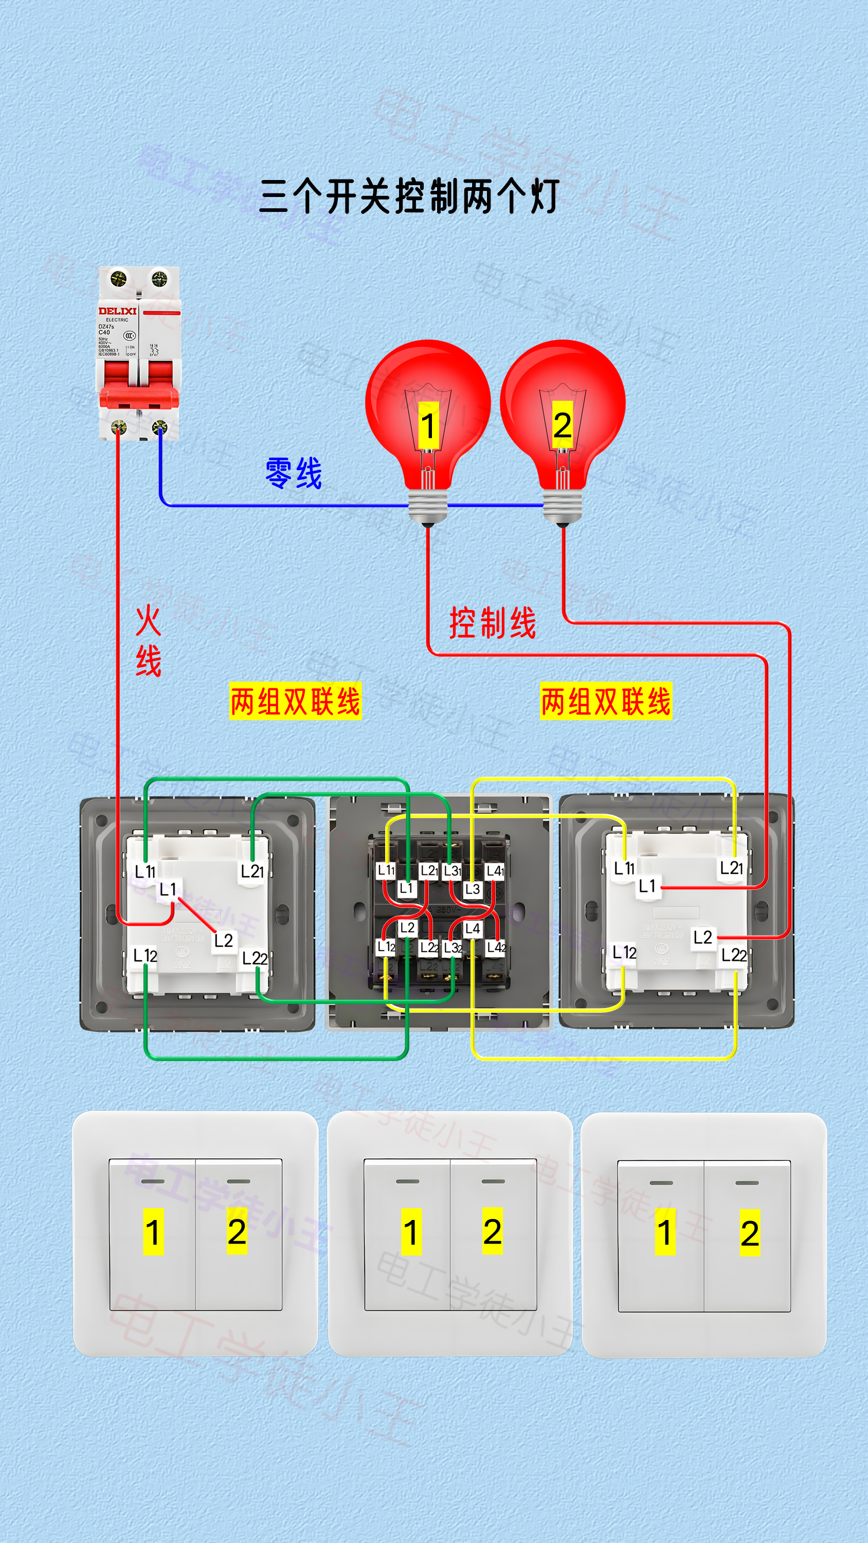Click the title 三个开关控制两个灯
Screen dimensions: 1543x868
coord(410,196)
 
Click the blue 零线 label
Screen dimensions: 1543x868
coord(294,473)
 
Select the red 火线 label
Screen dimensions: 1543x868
coord(148,640)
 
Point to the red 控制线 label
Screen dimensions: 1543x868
coord(493,623)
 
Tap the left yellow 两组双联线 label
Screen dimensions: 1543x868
coord(295,702)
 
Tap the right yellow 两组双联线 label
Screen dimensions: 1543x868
coord(606,702)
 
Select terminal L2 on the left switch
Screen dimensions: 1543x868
coord(224,940)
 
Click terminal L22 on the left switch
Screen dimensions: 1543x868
coord(255,958)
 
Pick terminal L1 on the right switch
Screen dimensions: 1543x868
coord(647,886)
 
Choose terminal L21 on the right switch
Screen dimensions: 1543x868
coord(731,867)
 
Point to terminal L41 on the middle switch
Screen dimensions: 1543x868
coord(495,871)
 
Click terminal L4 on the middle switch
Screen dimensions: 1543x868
coord(473,929)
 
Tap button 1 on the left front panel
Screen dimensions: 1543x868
coord(153,1233)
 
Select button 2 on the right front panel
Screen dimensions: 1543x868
coord(749,1234)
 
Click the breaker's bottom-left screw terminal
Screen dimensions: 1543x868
coord(119,427)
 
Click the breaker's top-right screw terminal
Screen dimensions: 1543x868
coord(159,278)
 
